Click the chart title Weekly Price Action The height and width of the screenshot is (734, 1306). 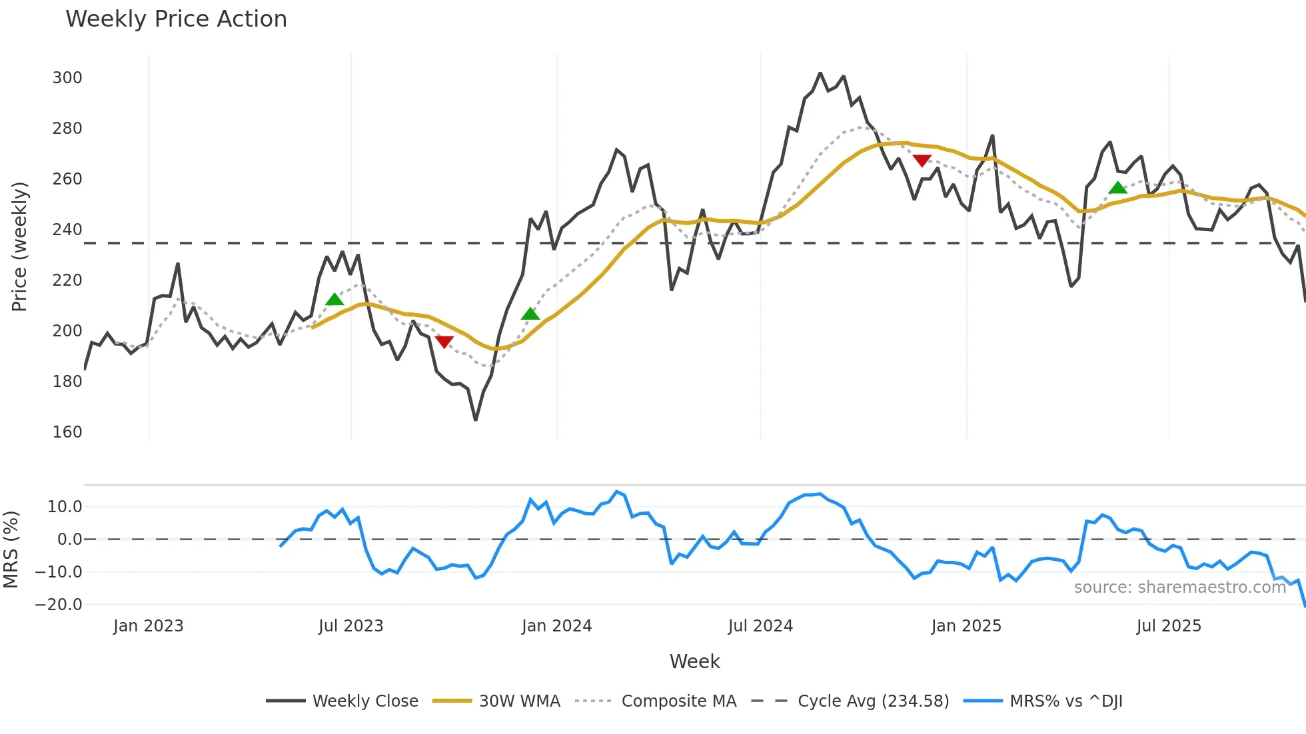tap(176, 19)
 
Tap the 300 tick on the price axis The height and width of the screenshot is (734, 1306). tap(67, 78)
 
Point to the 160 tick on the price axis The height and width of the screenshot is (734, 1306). tap(67, 432)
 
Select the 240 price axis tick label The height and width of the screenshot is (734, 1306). tap(67, 230)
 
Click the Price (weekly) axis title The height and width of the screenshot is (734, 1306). tap(19, 246)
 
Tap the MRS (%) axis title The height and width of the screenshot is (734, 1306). tap(11, 550)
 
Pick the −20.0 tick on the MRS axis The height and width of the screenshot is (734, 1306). tap(59, 605)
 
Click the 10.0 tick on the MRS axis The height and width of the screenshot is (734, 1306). tap(65, 507)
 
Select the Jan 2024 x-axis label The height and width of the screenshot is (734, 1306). tap(556, 626)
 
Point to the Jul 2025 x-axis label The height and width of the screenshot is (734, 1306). tap(1169, 626)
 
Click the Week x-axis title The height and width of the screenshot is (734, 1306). tap(694, 661)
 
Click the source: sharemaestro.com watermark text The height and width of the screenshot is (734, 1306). tap(1179, 587)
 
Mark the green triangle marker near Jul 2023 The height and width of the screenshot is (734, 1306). tap(334, 300)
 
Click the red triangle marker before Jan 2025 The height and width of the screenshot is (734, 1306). tap(922, 161)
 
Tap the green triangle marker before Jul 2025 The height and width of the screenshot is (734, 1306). tap(1117, 188)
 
